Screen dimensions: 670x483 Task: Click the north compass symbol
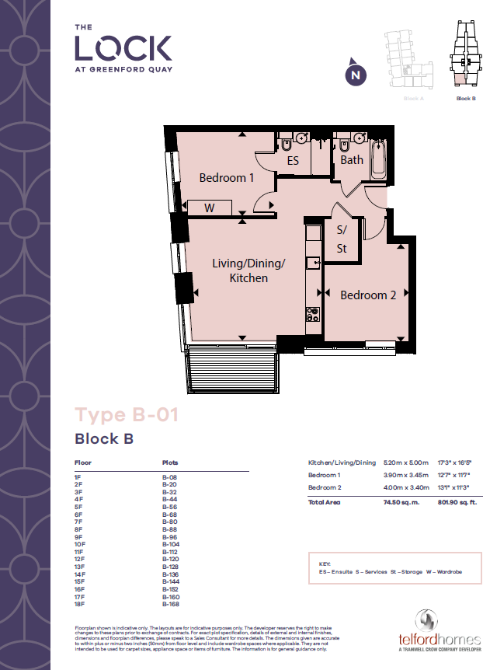355,74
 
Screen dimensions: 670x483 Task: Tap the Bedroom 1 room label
227,178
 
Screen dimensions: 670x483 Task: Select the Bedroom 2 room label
368,295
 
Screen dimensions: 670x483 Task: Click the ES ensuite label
293,162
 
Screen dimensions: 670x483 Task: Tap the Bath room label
352,160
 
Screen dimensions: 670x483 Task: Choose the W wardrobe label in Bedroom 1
210,208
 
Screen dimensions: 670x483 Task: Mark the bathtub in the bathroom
378,159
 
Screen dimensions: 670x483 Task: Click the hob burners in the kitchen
314,315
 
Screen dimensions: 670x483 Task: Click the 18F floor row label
78,604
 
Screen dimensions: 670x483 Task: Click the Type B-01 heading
127,414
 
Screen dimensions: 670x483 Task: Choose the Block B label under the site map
465,99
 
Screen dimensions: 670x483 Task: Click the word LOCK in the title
123,48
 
